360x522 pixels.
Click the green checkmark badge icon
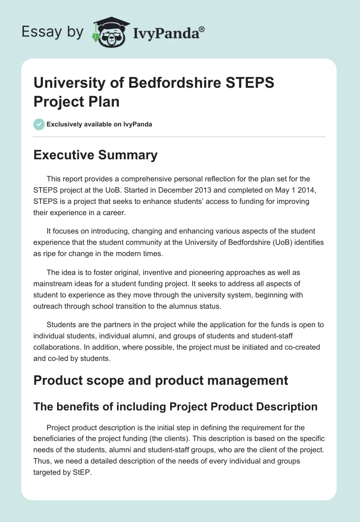pos(39,124)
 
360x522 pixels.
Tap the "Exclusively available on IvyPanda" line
pos(99,124)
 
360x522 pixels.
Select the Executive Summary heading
pos(95,155)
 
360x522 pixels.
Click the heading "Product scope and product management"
pos(161,380)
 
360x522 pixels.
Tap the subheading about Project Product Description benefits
pos(175,406)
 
